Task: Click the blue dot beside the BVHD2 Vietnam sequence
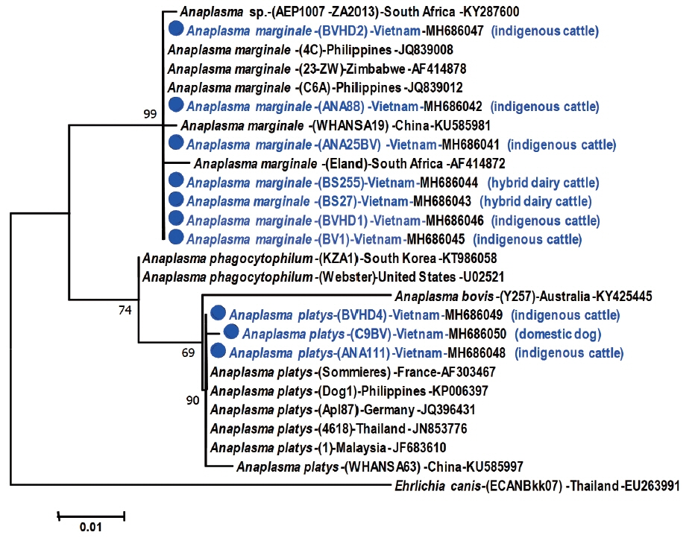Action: pos(177,30)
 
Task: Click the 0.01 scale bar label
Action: pos(90,528)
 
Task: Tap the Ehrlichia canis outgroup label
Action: pos(537,487)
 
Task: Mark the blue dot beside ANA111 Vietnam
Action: pos(218,352)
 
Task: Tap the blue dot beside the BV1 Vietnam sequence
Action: pos(177,238)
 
